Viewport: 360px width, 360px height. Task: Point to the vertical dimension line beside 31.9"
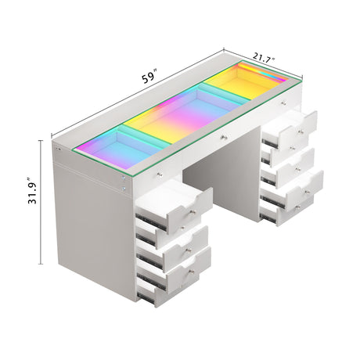(43, 203)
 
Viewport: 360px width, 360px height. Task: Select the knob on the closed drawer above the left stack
(160, 174)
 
